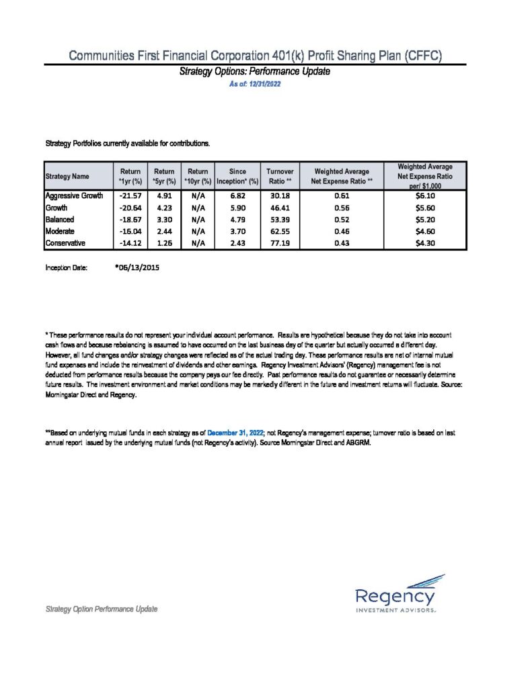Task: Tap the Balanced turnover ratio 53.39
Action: pos(278,219)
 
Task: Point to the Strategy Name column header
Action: pos(67,176)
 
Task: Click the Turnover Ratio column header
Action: pos(279,176)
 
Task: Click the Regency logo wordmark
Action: pos(395,596)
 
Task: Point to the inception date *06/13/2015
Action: pos(138,267)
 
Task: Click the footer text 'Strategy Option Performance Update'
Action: pos(101,609)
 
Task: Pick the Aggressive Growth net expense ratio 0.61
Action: pos(344,196)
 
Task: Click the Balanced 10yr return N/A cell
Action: pos(198,219)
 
